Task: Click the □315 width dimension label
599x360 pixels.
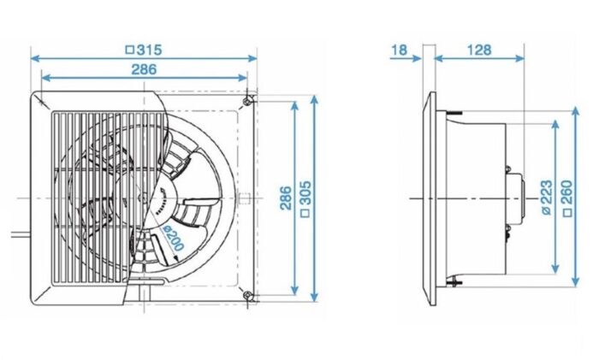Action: pyautogui.click(x=143, y=50)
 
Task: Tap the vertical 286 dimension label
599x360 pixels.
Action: pyautogui.click(x=286, y=198)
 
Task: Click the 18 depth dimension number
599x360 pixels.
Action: pyautogui.click(x=399, y=50)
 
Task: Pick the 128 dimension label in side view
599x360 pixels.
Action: pyautogui.click(x=479, y=50)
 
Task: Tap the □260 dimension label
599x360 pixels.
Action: pyautogui.click(x=566, y=198)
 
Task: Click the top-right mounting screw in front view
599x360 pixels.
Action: pyautogui.click(x=247, y=101)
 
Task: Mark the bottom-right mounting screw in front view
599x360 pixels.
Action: pyautogui.click(x=247, y=296)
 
